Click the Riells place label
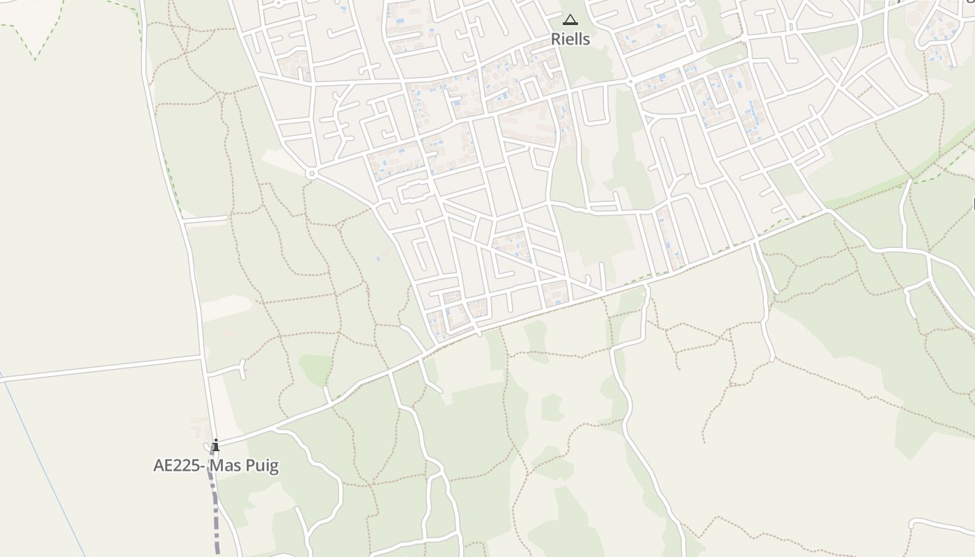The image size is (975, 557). click(x=570, y=40)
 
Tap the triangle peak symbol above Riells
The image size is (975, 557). click(x=570, y=19)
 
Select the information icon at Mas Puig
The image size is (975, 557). click(x=216, y=445)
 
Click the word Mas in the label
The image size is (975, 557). click(x=226, y=466)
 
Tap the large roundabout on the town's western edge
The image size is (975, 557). click(x=311, y=173)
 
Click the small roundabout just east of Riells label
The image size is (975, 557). click(x=630, y=81)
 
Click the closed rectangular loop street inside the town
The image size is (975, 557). click(x=412, y=190)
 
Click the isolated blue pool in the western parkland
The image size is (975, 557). click(x=380, y=258)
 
